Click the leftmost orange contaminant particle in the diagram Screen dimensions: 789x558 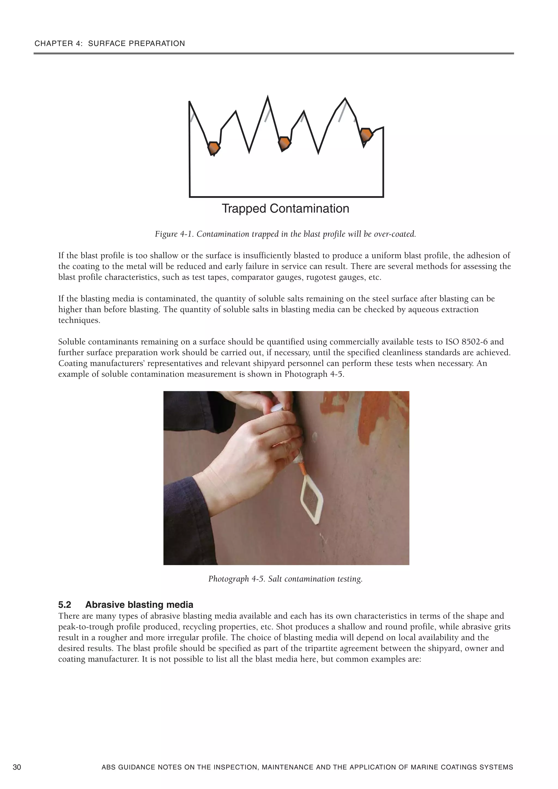point(214,148)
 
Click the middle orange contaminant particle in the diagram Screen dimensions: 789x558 point(284,143)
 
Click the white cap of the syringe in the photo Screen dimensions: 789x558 point(277,408)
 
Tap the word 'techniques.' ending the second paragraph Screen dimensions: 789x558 point(79,320)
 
